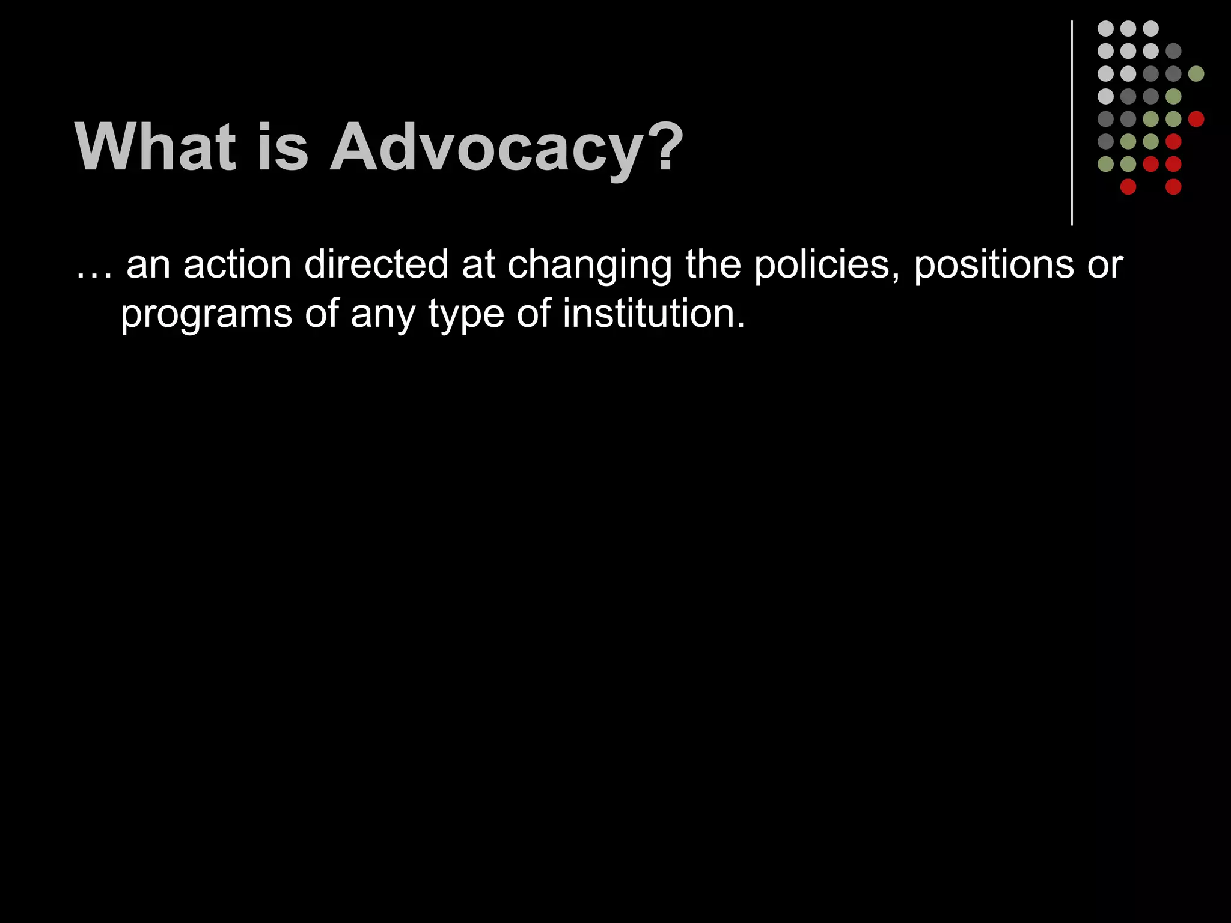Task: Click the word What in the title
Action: (x=155, y=147)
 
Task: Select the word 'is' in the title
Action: (x=282, y=147)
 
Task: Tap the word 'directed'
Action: (x=376, y=264)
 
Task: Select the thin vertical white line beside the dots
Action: (x=1072, y=123)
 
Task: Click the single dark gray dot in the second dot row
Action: (x=1173, y=51)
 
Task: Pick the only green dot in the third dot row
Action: (x=1196, y=74)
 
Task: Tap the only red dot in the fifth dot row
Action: (x=1196, y=119)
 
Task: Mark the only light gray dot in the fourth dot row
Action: (x=1105, y=96)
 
